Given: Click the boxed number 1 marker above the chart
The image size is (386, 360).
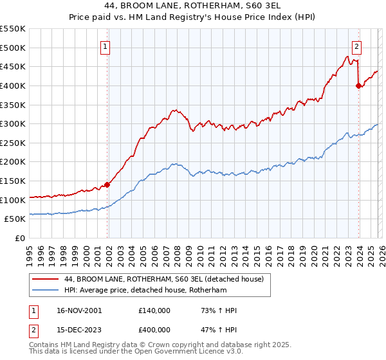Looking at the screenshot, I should click(105, 46).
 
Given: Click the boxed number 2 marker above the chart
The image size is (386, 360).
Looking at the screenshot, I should click(356, 46).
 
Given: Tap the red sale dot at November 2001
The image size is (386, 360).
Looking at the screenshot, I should click(107, 184).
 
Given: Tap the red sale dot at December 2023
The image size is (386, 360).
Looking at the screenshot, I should click(358, 85).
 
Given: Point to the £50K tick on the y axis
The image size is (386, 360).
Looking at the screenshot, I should click(15, 219).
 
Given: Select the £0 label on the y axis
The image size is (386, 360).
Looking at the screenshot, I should click(21, 238).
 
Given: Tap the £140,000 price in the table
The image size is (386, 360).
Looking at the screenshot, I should click(154, 310).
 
